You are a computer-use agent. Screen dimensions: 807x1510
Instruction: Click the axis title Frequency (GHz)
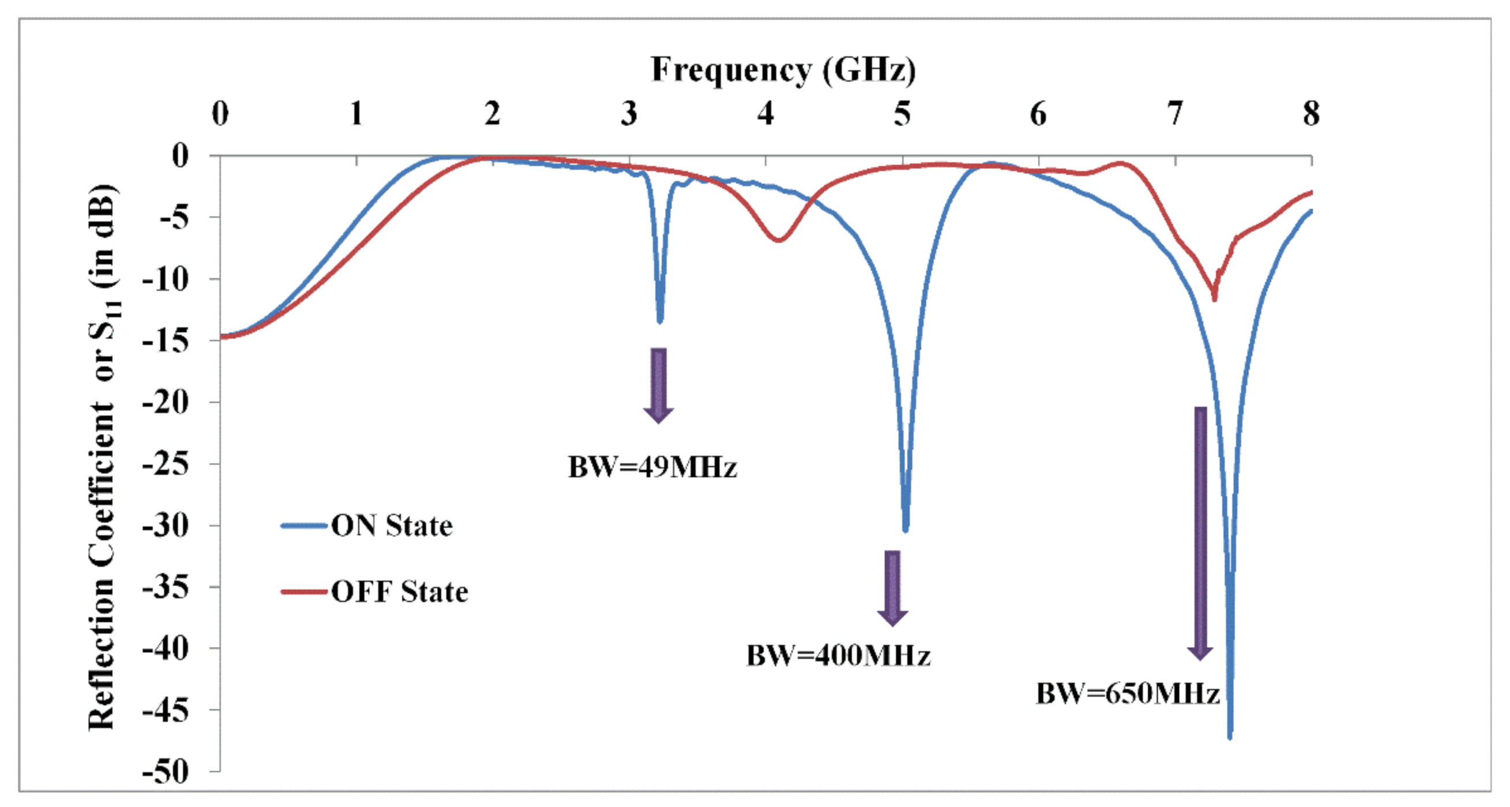click(783, 70)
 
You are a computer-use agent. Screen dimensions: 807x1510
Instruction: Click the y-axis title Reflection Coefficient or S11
click(103, 457)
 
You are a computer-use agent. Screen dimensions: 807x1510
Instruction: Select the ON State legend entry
click(392, 525)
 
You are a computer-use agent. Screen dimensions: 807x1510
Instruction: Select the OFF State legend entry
click(399, 591)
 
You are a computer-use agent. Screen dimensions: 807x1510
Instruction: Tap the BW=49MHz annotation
click(652, 468)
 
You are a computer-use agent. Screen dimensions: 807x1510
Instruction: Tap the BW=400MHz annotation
click(838, 655)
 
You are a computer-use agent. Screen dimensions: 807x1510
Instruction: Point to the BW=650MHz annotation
click(1128, 693)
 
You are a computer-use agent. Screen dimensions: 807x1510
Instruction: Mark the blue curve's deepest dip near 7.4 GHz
click(1229, 735)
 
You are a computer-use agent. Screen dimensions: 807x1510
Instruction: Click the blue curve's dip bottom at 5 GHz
click(906, 529)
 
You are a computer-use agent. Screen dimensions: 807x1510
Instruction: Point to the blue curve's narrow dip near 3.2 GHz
click(660, 320)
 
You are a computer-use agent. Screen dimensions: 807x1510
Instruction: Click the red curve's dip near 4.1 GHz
click(779, 240)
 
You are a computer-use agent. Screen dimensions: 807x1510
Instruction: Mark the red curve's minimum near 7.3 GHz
click(1214, 298)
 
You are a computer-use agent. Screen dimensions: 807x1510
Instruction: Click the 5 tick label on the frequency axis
click(902, 114)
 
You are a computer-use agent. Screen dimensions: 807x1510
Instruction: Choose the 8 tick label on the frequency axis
click(1311, 114)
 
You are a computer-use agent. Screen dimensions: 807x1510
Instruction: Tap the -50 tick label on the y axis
click(166, 772)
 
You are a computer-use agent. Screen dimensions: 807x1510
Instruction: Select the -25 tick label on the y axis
click(166, 464)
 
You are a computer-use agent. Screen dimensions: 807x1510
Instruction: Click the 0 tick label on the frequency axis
click(220, 114)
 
